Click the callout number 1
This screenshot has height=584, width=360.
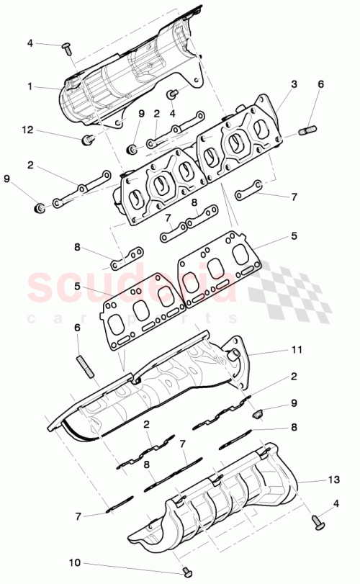30,86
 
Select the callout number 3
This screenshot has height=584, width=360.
294,84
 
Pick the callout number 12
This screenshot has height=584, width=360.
28,130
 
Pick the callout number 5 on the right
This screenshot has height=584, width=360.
294,235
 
